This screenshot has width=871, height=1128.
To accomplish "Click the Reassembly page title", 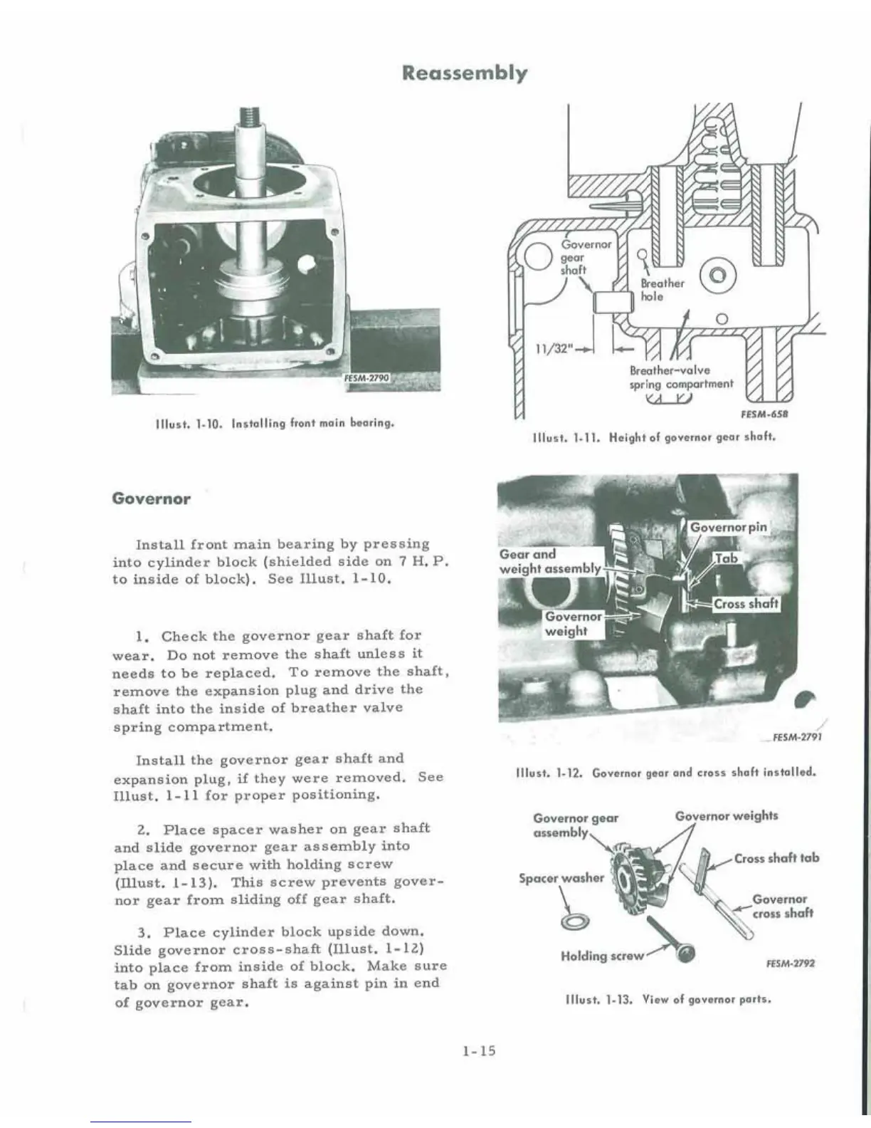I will (x=465, y=73).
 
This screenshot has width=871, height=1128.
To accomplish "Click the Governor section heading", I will (x=152, y=498).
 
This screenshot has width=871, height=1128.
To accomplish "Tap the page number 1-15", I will (x=478, y=1050).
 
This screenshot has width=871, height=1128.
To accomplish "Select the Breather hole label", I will (x=662, y=289).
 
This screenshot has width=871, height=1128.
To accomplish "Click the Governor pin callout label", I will (x=729, y=528).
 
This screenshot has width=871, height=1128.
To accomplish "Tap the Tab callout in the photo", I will (x=726, y=559).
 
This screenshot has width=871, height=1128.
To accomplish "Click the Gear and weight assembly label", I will (x=549, y=561).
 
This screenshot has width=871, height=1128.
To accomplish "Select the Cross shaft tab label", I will (x=776, y=858).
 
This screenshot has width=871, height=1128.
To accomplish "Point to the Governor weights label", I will (x=726, y=816).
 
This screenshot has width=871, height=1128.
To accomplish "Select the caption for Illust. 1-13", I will (x=667, y=998).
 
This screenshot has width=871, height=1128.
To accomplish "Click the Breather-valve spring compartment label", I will (x=680, y=377).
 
